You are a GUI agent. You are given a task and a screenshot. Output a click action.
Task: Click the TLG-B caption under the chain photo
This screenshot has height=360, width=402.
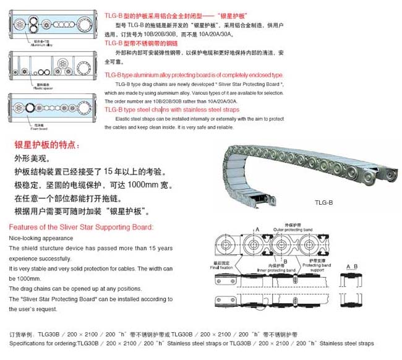[322, 202]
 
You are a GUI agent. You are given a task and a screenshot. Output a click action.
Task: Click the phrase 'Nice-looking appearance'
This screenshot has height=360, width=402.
[41, 238]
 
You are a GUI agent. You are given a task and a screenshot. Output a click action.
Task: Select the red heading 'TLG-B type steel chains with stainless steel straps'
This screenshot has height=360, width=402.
[171, 109]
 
